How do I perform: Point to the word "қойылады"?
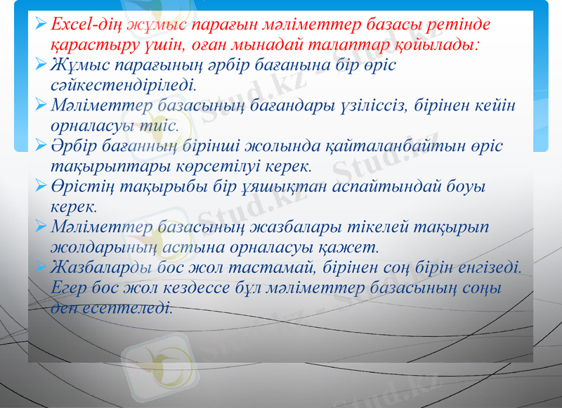pyautogui.click(x=444, y=46)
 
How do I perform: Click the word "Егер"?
pyautogui.click(x=70, y=288)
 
